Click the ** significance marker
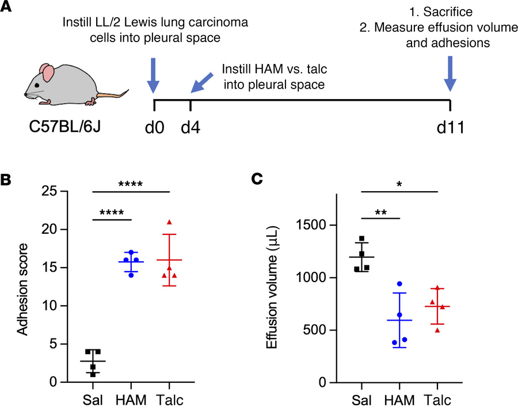tap(380, 212)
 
